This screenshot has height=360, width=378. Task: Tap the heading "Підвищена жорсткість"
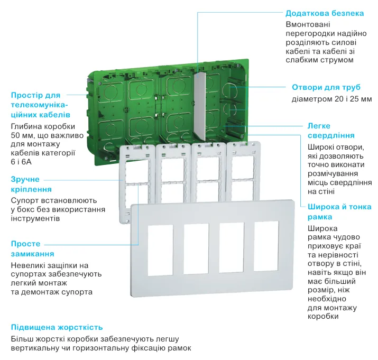(x=57, y=327)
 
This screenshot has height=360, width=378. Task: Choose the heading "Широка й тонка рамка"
(x=339, y=211)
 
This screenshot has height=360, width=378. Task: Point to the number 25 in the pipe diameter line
(x=349, y=99)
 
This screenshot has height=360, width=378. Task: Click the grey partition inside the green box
(x=199, y=106)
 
